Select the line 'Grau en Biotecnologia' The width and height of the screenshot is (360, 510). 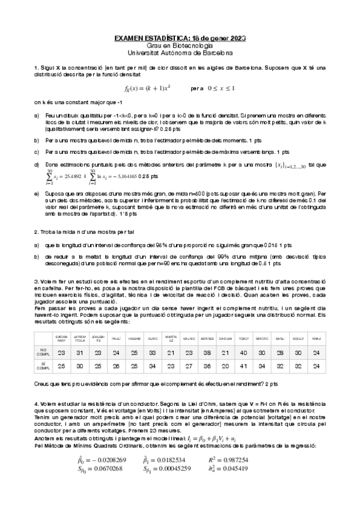click(180, 46)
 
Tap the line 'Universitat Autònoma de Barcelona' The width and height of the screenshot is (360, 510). click(180, 52)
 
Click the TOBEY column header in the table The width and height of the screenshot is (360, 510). click(243, 338)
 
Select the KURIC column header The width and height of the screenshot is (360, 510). click(153, 338)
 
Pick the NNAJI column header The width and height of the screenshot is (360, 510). click(316, 338)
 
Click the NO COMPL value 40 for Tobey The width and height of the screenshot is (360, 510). click(243, 352)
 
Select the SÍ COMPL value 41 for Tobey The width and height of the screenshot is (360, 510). click(243, 365)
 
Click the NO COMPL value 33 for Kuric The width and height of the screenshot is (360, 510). click(153, 352)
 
